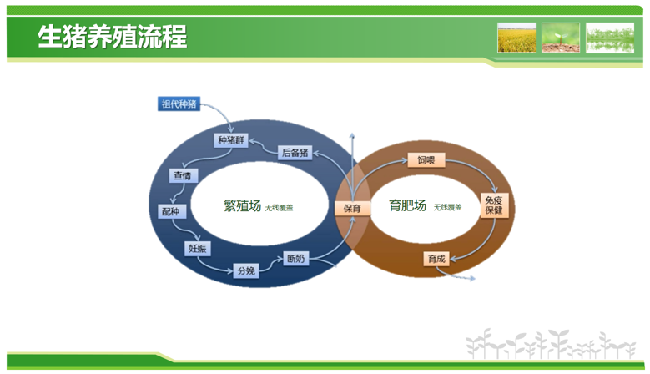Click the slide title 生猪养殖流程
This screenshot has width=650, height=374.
(112, 38)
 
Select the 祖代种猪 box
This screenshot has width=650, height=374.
(179, 104)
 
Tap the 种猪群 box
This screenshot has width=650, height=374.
(232, 140)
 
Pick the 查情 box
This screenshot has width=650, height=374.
(182, 176)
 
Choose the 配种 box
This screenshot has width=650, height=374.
(170, 212)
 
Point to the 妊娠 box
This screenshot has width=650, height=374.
(197, 248)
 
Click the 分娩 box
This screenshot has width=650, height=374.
(245, 270)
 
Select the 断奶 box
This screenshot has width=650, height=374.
(295, 258)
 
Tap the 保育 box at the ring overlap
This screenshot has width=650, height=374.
(352, 208)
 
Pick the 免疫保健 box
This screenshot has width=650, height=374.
(494, 205)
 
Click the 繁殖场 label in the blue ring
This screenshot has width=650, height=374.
(242, 206)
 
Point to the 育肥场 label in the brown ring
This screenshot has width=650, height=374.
(408, 205)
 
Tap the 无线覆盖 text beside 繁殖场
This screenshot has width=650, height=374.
(280, 208)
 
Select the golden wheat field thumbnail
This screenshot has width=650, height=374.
(516, 38)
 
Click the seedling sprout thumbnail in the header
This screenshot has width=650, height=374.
(561, 38)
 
